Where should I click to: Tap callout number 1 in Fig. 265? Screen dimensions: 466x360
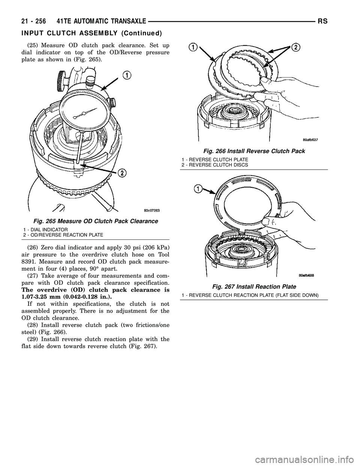[127, 76]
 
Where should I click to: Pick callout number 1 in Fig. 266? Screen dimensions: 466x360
[193, 47]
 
